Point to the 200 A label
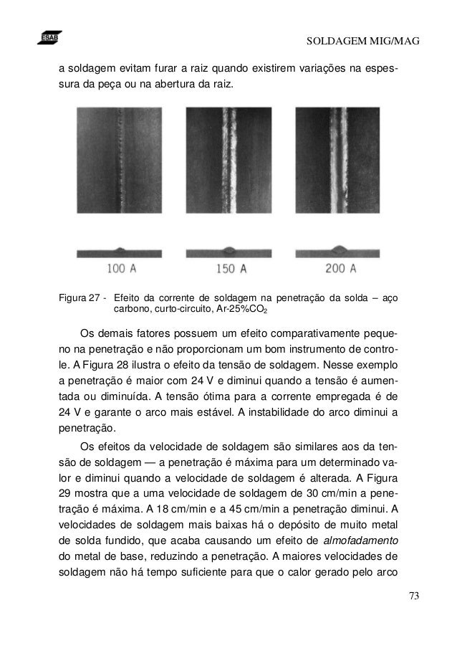coord(340,269)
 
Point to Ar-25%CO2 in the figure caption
coord(240,310)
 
